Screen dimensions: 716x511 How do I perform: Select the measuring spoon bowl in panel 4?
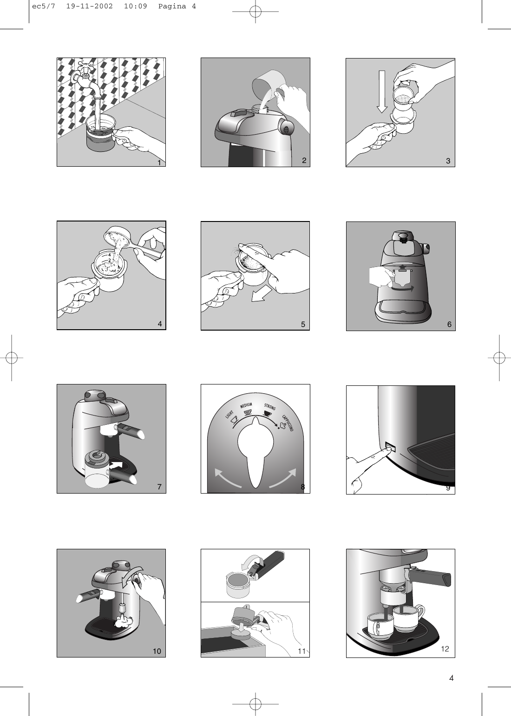click(116, 237)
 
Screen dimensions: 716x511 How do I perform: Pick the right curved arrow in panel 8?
click(283, 478)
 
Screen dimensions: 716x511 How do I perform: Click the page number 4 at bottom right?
click(451, 678)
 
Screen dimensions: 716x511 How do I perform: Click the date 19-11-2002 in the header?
click(89, 7)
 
